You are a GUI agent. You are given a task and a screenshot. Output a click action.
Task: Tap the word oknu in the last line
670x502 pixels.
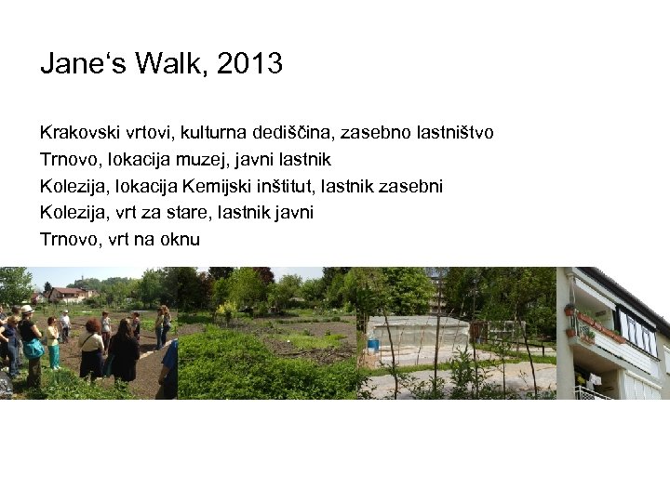181,240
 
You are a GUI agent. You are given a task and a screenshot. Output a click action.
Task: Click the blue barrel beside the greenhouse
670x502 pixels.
373,344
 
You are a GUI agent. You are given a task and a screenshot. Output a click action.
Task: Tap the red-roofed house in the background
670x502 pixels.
68,295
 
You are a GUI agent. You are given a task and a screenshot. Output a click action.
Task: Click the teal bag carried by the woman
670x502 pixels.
33,349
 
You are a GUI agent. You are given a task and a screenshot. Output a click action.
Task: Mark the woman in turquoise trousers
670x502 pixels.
54,344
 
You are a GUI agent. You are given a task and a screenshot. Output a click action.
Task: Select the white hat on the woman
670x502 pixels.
27,310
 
